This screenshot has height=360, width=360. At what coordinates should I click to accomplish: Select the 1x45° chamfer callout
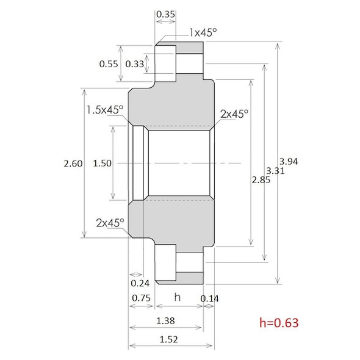click(203, 32)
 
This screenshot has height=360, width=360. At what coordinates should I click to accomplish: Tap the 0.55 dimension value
click(109, 63)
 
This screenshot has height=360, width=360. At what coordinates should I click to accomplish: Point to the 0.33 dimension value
click(135, 63)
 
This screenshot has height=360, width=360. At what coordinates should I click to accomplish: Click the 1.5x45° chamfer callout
click(104, 110)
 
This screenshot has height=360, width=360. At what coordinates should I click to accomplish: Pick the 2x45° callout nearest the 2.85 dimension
click(234, 114)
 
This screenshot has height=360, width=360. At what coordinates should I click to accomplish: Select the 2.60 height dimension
click(72, 164)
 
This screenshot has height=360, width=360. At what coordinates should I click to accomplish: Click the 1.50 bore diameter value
click(103, 164)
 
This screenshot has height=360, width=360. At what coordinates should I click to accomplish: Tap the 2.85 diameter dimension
click(260, 180)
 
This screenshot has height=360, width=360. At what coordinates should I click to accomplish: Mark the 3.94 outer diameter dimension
click(287, 160)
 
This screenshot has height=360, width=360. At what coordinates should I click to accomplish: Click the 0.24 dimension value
click(140, 283)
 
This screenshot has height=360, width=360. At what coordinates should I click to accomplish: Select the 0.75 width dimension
click(141, 297)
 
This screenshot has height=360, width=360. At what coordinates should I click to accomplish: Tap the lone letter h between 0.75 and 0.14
click(178, 297)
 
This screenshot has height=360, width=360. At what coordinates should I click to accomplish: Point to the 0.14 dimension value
click(209, 297)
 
